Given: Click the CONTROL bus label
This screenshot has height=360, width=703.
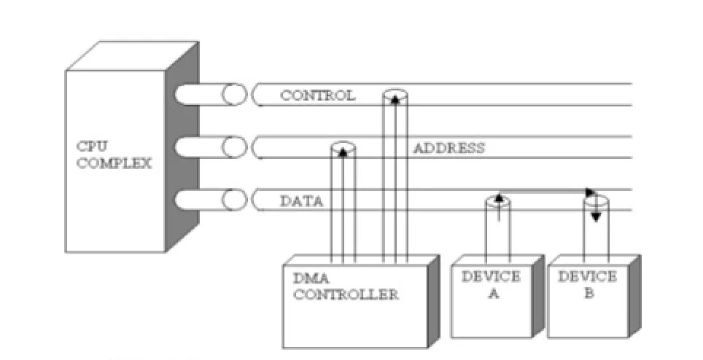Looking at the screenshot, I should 317,95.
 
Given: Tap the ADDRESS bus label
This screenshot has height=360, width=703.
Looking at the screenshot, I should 448,149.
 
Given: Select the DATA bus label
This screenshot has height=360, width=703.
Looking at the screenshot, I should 301,202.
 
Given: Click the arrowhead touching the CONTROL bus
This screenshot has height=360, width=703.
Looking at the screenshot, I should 395,98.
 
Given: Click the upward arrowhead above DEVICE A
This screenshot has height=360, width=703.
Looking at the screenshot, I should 498,197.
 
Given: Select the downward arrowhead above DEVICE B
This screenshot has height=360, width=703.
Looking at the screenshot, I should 595,216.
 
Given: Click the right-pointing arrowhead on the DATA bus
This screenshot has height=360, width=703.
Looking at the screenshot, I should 591,192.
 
